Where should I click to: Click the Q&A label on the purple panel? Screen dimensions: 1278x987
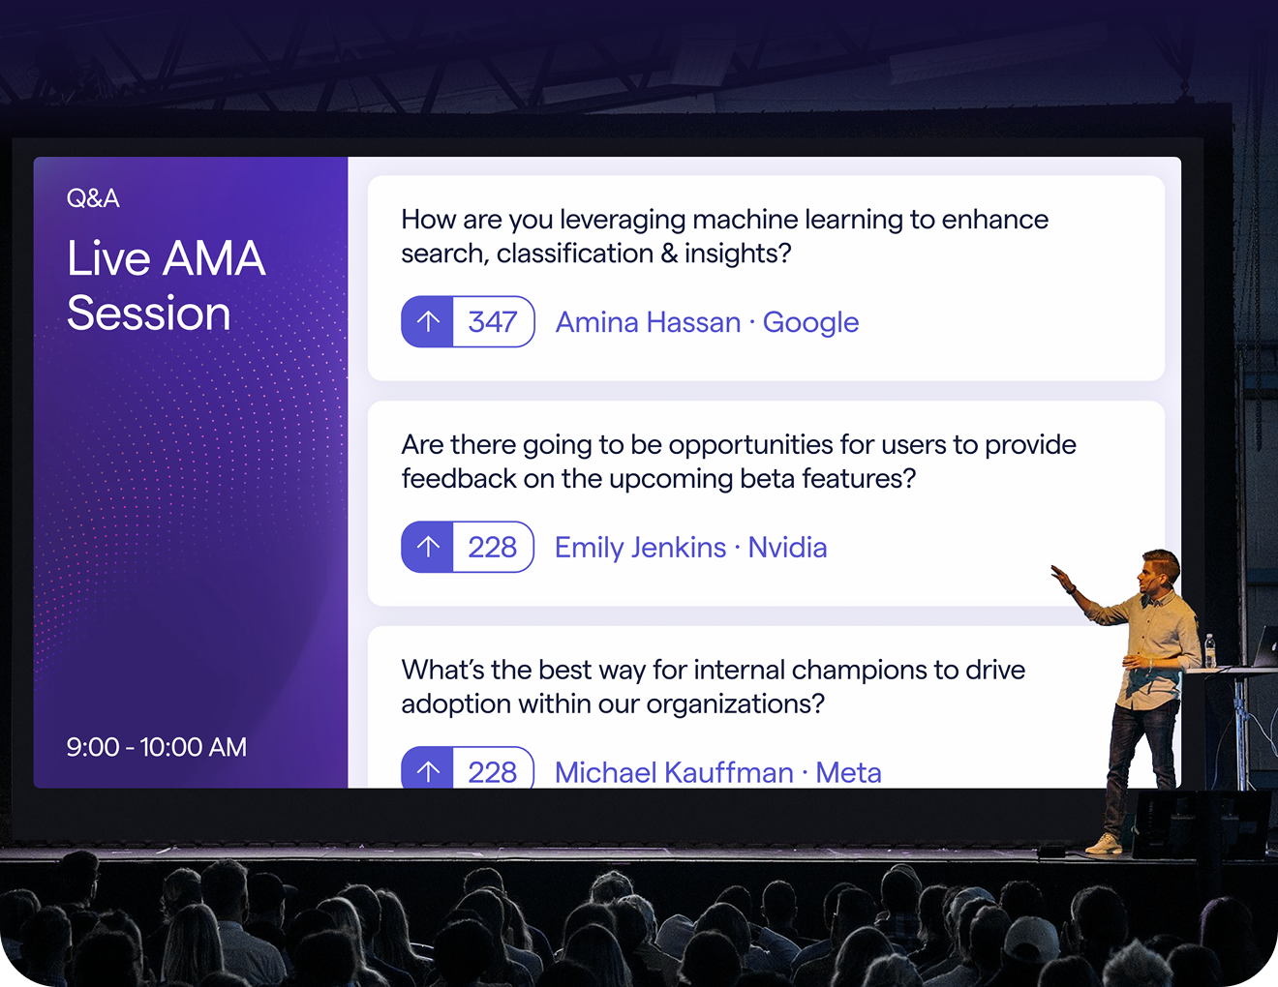93,198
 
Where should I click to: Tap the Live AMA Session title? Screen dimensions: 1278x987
166,285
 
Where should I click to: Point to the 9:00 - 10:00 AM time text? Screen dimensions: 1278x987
157,747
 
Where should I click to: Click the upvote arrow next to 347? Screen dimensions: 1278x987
428,321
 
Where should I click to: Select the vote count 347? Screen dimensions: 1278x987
492,322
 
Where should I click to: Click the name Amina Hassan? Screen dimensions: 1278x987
648,322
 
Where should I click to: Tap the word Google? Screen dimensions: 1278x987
810,323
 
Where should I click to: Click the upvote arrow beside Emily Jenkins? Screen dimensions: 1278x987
428,547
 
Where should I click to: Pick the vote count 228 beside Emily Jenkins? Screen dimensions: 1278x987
492,548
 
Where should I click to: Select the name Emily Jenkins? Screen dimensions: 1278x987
641,548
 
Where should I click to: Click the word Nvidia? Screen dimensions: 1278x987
787,548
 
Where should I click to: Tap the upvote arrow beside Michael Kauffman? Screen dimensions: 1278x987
428,772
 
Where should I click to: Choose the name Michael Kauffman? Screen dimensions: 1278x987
674,772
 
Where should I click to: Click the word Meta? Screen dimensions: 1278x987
848,772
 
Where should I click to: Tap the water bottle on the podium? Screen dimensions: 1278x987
1210,650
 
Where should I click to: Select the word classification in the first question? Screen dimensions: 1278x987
574,254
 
